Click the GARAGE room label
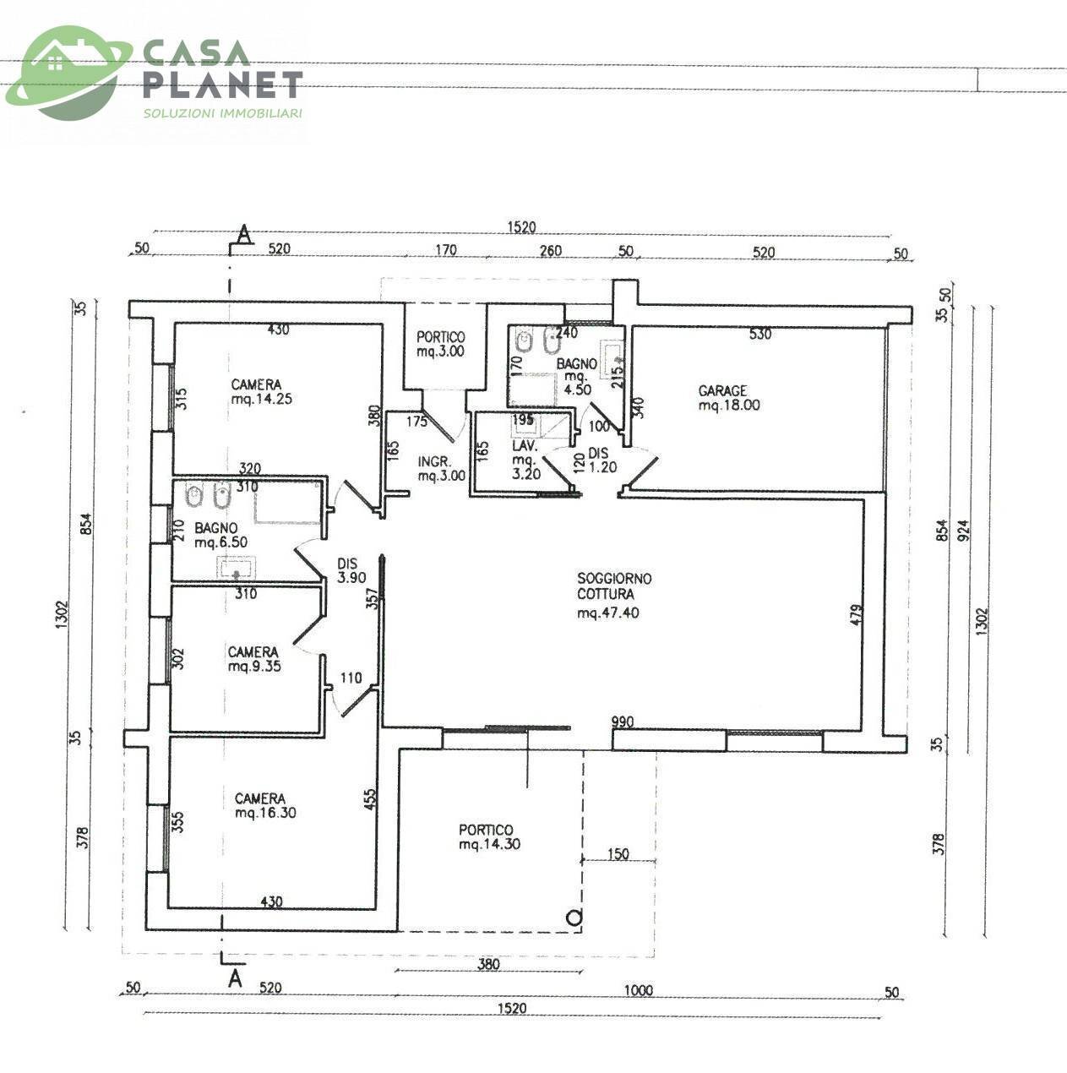point(722,391)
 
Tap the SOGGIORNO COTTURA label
point(614,586)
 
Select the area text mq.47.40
point(608,613)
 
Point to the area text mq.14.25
point(261,399)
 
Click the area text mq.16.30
point(265,813)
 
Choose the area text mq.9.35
point(254,666)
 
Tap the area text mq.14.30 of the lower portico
point(489,844)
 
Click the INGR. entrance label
point(434,461)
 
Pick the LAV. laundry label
point(525,446)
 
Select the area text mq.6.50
point(220,542)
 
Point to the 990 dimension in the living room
point(623,722)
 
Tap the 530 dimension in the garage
point(760,334)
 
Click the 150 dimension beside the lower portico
point(618,853)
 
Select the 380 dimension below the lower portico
point(488,964)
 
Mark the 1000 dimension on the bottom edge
point(638,990)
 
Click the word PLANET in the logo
point(223,84)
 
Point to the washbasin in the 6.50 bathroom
point(237,568)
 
